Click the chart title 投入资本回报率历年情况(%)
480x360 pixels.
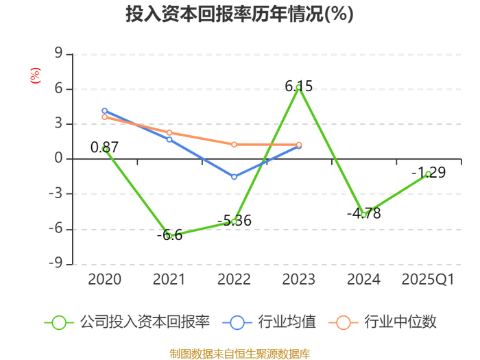[x=239, y=14]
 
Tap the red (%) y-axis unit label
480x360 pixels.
[x=35, y=75]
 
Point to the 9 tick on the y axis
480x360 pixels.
[x=58, y=53]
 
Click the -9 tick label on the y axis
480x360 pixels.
[x=56, y=263]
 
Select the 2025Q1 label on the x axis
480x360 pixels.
[x=428, y=279]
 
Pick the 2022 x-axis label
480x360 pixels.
[x=234, y=279]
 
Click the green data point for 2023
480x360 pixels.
[x=299, y=88]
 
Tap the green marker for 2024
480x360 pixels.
[x=363, y=215]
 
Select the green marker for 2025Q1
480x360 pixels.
[x=429, y=174]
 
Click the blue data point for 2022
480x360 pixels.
[x=235, y=177]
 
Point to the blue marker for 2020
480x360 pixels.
[x=105, y=111]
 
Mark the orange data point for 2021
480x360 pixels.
[x=169, y=132]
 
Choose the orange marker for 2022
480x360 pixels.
[x=235, y=145]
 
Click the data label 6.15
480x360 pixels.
[x=299, y=86]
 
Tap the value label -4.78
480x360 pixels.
[x=363, y=213]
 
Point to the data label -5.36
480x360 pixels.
[x=235, y=220]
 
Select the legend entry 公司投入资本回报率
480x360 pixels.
[x=127, y=322]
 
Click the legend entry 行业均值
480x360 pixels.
[x=269, y=322]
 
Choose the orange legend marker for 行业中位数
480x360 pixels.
[x=344, y=323]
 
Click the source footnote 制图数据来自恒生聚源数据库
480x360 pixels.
[x=240, y=354]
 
